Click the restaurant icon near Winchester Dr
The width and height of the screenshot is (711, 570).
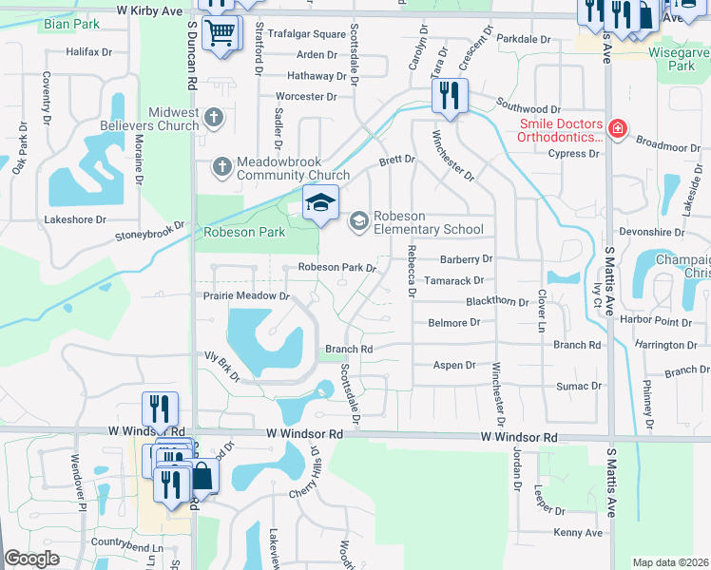click(x=448, y=95)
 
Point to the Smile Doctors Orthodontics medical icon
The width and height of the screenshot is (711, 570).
click(x=618, y=127)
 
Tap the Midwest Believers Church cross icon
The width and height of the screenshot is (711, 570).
click(x=214, y=118)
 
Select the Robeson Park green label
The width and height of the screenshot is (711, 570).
click(x=244, y=232)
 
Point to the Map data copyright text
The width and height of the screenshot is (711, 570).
click(x=670, y=562)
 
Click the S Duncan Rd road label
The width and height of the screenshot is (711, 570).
click(x=191, y=57)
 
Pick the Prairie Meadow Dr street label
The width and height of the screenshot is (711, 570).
click(x=246, y=296)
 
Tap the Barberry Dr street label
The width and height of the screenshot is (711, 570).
click(x=466, y=258)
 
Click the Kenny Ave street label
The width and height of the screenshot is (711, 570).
click(x=578, y=533)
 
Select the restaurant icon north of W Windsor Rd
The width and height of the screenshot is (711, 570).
click(x=160, y=408)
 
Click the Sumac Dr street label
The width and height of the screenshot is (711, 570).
click(x=579, y=386)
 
